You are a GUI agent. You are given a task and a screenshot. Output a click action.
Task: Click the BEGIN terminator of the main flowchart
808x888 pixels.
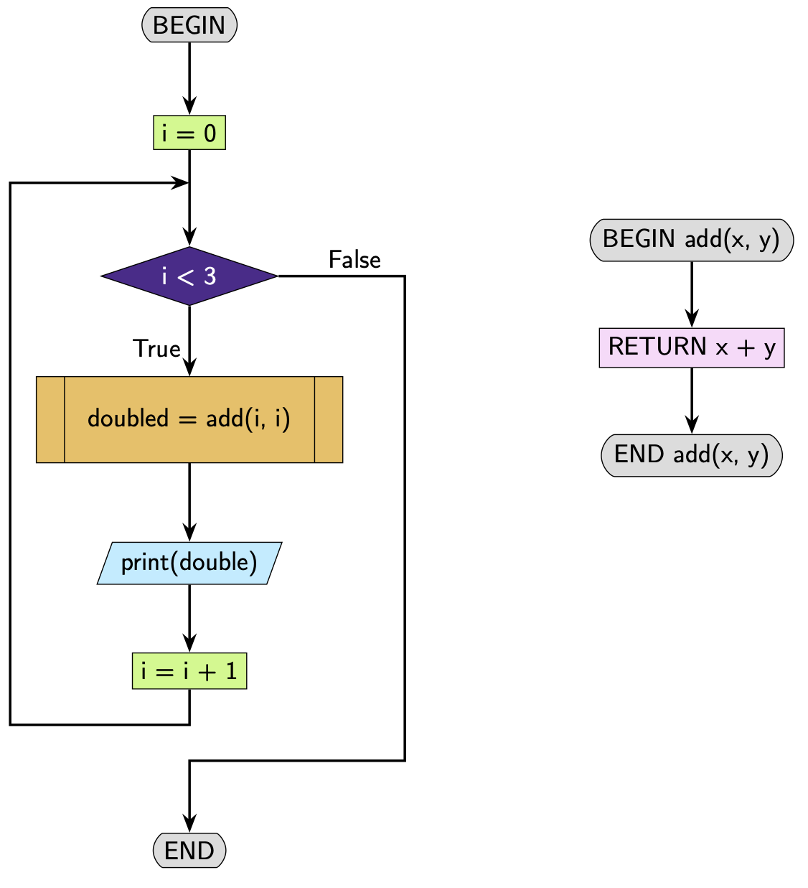(x=189, y=25)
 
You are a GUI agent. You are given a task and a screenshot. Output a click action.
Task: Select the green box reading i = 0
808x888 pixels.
(x=189, y=133)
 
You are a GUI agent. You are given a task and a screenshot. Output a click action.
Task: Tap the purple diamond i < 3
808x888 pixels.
(x=189, y=276)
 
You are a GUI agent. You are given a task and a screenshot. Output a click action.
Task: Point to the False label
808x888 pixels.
(x=354, y=259)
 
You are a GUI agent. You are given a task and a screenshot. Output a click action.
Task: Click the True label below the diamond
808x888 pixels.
(x=156, y=348)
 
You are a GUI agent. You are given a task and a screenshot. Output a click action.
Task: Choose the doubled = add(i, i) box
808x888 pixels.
(x=189, y=419)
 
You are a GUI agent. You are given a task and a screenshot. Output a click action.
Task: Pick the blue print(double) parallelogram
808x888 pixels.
(x=189, y=563)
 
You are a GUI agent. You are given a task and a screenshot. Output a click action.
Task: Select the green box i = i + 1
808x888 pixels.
(x=189, y=671)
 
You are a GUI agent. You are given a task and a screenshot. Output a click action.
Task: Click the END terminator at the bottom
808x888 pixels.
(x=189, y=851)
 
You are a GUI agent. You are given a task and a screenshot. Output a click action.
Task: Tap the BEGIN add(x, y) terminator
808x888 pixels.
(x=691, y=239)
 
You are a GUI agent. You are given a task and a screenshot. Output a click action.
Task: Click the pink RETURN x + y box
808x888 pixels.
(x=691, y=347)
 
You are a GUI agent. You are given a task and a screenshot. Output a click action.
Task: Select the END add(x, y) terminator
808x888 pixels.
(x=691, y=455)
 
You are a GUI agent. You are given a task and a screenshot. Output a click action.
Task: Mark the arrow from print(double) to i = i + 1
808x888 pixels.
(x=189, y=617)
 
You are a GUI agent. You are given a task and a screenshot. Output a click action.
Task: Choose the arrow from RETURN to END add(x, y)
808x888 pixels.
(x=692, y=400)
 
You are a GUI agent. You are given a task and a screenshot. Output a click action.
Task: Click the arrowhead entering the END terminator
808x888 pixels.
(x=189, y=824)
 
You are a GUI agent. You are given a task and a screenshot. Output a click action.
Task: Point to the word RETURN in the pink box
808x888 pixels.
(x=657, y=347)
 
